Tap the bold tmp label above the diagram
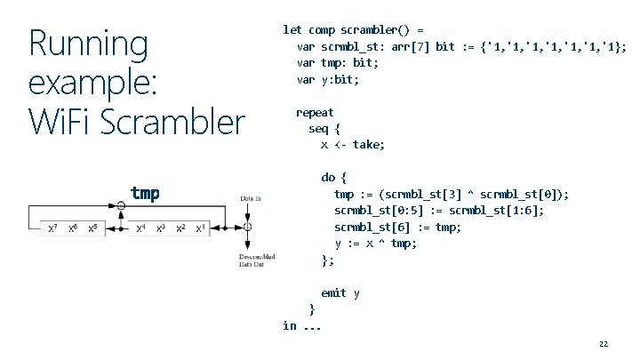click(x=145, y=193)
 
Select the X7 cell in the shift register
click(x=53, y=229)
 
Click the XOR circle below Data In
click(x=248, y=228)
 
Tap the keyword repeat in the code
click(x=315, y=112)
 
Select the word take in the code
click(x=369, y=144)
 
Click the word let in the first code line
click(x=292, y=29)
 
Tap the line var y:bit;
click(x=328, y=80)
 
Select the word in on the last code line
click(x=289, y=325)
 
